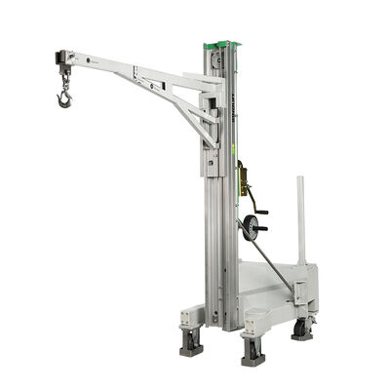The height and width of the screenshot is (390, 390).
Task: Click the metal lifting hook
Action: coord(64,97)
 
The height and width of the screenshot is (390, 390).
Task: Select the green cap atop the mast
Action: coord(221,45)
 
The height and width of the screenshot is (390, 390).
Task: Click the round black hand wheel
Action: coord(254,226)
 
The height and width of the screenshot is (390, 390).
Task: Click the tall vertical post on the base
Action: coord(300,219)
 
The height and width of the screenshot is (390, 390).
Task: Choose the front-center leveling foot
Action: coord(253,349)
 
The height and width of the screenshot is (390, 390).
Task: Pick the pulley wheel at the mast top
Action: coord(219,58)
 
